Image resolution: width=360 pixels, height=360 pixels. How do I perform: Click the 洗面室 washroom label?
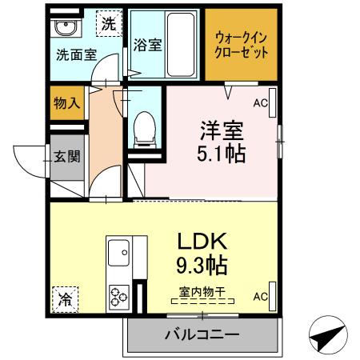coord(77,55)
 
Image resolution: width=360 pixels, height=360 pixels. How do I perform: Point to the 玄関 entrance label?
coord(67,157)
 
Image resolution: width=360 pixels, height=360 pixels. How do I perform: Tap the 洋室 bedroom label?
coord(222,130)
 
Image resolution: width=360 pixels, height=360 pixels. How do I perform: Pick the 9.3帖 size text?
coord(204,265)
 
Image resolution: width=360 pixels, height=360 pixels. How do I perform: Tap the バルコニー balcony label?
coord(202,334)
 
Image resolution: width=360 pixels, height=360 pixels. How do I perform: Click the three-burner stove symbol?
coord(120,295)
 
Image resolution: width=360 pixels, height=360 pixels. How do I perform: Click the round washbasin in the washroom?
coord(65,30)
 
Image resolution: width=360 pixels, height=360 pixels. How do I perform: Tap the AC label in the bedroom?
coord(260,102)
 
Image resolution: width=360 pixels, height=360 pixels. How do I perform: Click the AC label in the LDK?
coord(260,296)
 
